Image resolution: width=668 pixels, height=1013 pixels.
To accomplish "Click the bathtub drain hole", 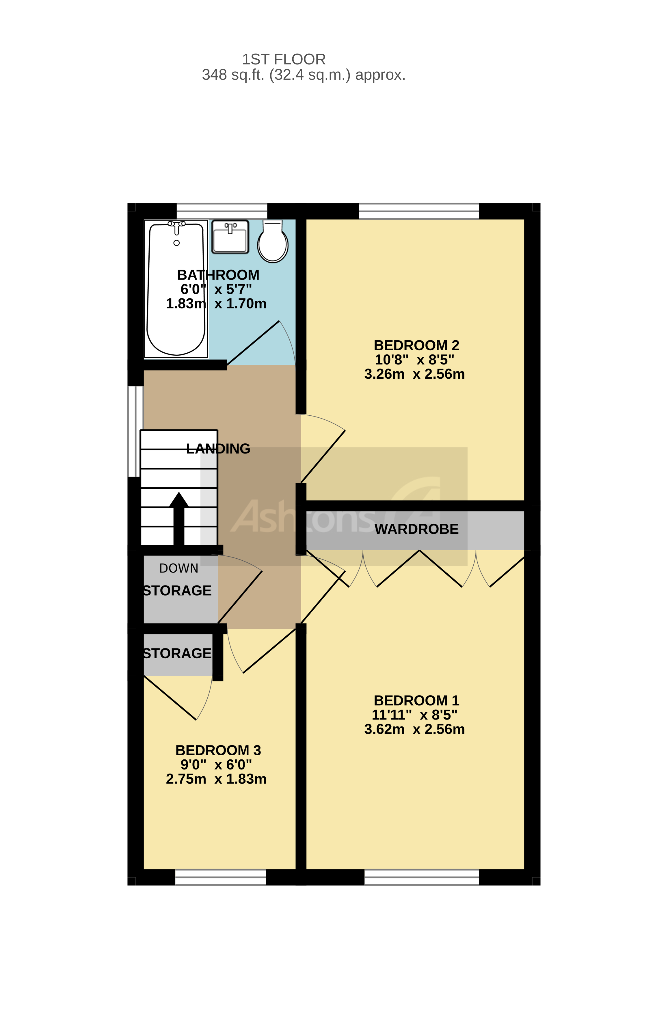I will pos(176,243).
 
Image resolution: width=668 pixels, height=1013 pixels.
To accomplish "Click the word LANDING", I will pos(218,449).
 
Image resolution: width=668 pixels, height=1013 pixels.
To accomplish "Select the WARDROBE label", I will pos(416,529).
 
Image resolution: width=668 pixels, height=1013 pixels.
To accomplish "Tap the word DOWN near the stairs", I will pos(178,568).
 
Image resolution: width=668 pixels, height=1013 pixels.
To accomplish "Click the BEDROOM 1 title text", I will pos(416,700).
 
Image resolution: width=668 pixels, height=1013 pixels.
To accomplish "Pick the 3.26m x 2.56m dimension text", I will pos(414,374).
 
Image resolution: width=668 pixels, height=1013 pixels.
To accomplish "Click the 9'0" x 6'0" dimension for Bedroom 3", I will pos(216,765).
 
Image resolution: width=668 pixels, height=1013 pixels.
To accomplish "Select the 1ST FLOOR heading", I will pos(284,59).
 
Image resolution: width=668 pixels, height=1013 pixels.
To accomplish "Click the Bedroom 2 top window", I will pos(419,211).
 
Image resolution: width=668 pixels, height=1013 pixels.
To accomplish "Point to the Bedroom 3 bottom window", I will pos(220,878).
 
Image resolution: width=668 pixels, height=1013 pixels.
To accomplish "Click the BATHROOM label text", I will pos(218,275).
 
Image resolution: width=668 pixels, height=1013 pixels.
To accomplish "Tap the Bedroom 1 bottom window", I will pos(421,878).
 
